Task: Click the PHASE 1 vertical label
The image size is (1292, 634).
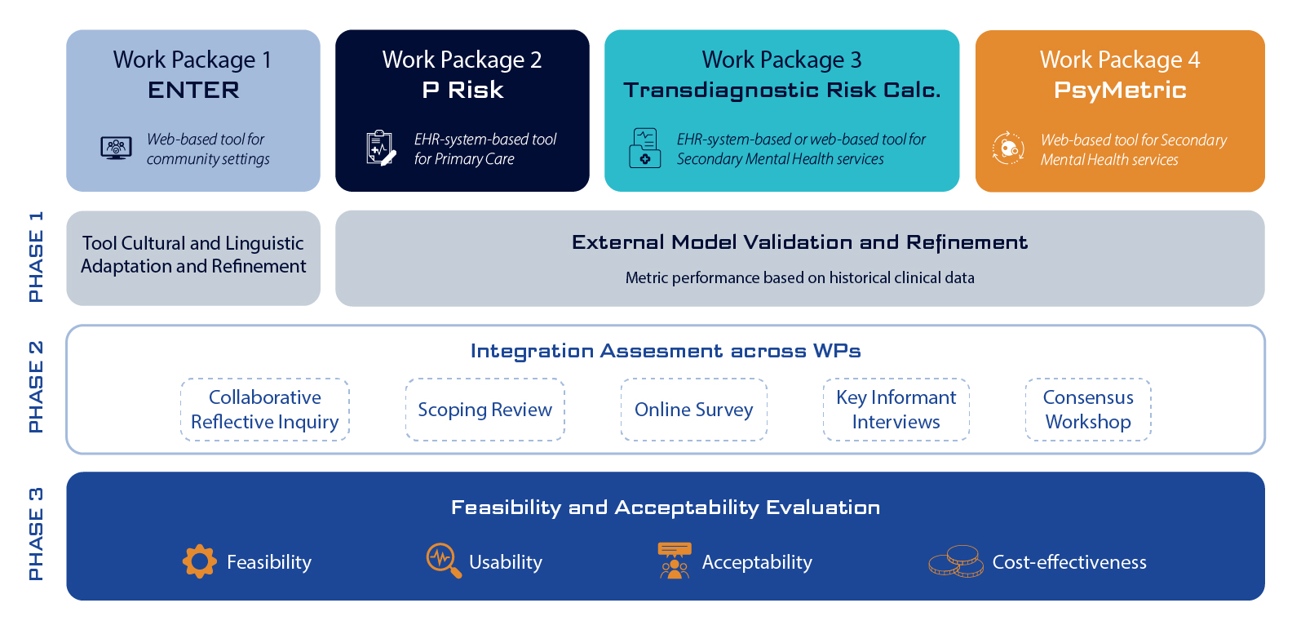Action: [x=36, y=257]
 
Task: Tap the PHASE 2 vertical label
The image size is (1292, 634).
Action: [x=36, y=387]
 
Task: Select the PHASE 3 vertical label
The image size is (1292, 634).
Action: [x=36, y=534]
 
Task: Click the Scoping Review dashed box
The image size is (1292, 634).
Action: [x=484, y=410]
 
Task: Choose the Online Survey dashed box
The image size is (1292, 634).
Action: [x=693, y=410]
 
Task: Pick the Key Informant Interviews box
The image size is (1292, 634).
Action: [x=896, y=410]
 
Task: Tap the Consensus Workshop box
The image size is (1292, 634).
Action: [x=1088, y=410]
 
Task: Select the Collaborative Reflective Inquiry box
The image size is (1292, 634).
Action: [x=264, y=410]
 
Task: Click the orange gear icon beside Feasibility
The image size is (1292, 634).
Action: [x=200, y=561]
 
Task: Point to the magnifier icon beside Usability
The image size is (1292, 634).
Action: [x=444, y=561]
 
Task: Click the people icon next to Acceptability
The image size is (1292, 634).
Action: [x=675, y=561]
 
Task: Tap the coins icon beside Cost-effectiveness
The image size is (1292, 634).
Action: [x=956, y=561]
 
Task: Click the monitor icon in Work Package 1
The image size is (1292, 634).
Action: [x=116, y=148]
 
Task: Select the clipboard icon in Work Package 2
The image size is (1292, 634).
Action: [x=380, y=148]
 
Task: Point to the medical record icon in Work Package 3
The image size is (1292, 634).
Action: [x=644, y=148]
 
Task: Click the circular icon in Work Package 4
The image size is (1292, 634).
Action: [x=1008, y=149]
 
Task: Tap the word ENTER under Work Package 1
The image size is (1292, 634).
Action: [x=193, y=90]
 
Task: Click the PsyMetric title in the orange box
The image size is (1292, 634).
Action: [x=1120, y=90]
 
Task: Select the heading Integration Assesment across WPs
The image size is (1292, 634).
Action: [x=666, y=351]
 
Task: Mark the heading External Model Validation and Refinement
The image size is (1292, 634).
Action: [x=799, y=242]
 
